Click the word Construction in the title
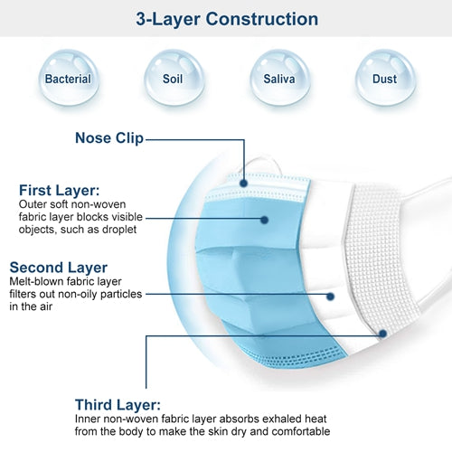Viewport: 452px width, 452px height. [x=262, y=19]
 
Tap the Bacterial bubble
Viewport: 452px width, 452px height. [x=69, y=78]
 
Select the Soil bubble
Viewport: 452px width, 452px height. [x=174, y=78]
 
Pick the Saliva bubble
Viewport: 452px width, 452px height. [x=279, y=78]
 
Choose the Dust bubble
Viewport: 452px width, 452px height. [x=385, y=78]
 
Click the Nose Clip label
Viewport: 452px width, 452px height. [x=109, y=138]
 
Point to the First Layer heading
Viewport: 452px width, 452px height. [x=60, y=191]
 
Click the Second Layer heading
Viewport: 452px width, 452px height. [x=59, y=268]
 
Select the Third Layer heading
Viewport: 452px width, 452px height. [x=118, y=405]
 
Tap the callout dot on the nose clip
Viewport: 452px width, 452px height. [x=244, y=184]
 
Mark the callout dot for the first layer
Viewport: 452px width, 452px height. [x=264, y=220]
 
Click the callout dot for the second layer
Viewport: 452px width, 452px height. [x=330, y=297]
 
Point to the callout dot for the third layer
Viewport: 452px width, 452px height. [x=382, y=334]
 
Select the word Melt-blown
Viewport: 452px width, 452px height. [x=36, y=281]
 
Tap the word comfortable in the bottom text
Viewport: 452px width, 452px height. [x=301, y=431]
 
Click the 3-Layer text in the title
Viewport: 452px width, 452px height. [x=168, y=19]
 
